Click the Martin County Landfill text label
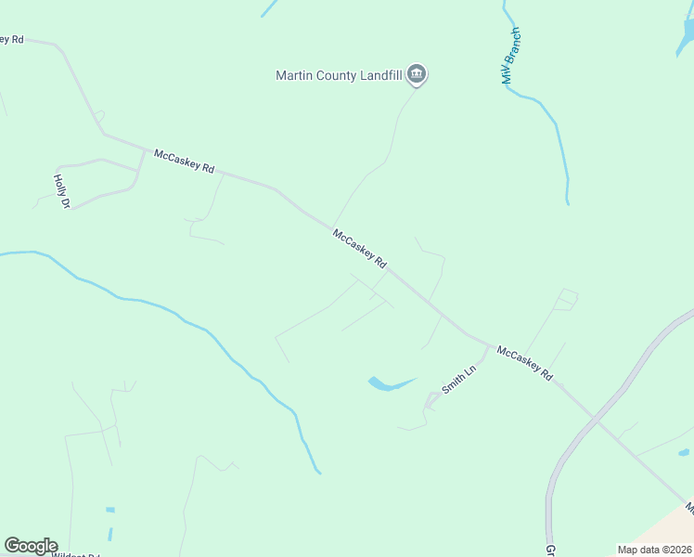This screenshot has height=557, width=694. (x=339, y=76)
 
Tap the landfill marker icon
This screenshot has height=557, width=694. (x=417, y=75)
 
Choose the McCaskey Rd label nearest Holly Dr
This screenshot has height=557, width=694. (x=185, y=162)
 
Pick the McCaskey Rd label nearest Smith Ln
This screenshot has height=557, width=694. (x=525, y=363)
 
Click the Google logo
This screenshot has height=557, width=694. (x=31, y=546)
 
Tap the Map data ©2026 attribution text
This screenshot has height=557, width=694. (x=654, y=550)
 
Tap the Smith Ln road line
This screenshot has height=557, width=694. (x=480, y=363)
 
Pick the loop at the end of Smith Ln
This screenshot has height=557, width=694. (x=432, y=401)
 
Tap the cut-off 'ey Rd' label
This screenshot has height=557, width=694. (x=12, y=39)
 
